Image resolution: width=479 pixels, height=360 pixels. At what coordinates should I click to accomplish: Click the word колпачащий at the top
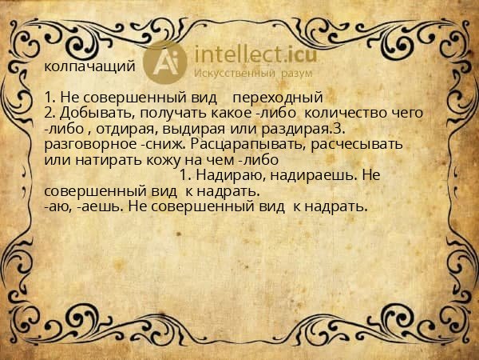pos(89,66)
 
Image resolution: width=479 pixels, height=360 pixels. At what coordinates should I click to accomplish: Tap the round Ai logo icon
pos(165,62)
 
